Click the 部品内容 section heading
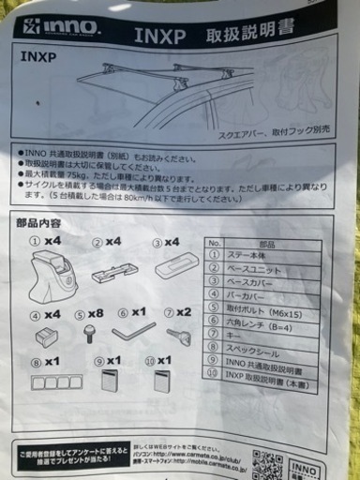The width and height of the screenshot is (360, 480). (39, 223)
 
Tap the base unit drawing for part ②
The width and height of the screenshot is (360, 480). (112, 277)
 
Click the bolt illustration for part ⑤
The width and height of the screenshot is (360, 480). (90, 336)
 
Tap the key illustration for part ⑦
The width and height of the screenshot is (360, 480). (175, 334)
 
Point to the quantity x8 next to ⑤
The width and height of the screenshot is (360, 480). (95, 316)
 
